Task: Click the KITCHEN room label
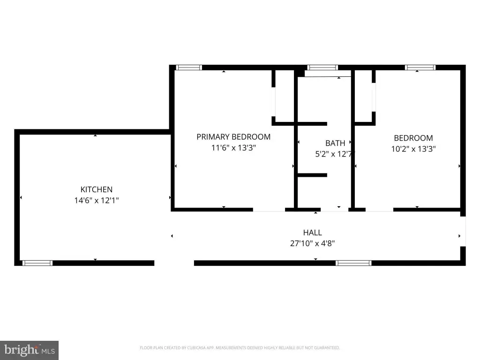pos(97,189)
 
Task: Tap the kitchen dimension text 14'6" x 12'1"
pos(97,201)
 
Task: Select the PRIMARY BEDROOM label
pos(233,137)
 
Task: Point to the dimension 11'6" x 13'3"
pos(233,148)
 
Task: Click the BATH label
pos(335,143)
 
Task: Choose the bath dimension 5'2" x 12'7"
pos(334,154)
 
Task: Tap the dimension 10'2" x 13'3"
pos(413,149)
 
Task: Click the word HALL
pos(313,232)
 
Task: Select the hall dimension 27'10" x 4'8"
pos(313,244)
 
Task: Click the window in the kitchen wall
pos(37,263)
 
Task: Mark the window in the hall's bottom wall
pos(353,263)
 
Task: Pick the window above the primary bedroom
pos(189,67)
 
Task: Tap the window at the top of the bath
pos(322,67)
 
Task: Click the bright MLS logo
pos(29,350)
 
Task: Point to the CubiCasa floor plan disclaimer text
pos(240,348)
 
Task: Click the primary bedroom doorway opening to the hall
pos(269,210)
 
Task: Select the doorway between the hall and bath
pos(335,210)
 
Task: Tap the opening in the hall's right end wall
pos(463,232)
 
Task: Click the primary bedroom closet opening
pos(274,102)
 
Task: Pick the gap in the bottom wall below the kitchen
pos(174,263)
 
